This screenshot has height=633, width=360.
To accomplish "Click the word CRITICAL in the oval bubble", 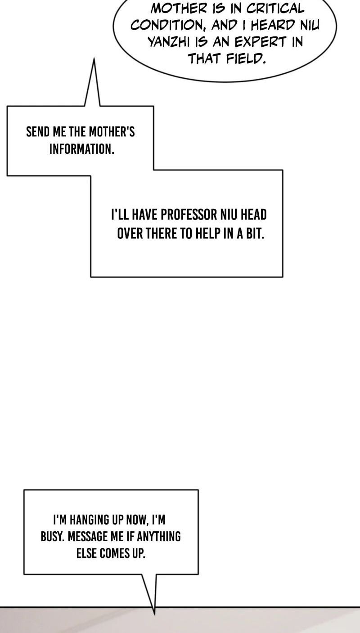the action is click(x=275, y=8).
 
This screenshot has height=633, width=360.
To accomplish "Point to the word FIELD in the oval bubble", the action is click(x=246, y=58).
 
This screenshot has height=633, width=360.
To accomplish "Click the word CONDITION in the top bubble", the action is click(x=168, y=26).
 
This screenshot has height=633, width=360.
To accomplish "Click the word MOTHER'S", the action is click(x=112, y=132).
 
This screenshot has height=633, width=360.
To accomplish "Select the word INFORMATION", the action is click(x=81, y=148).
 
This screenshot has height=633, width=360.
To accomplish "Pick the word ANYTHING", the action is click(x=158, y=536).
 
